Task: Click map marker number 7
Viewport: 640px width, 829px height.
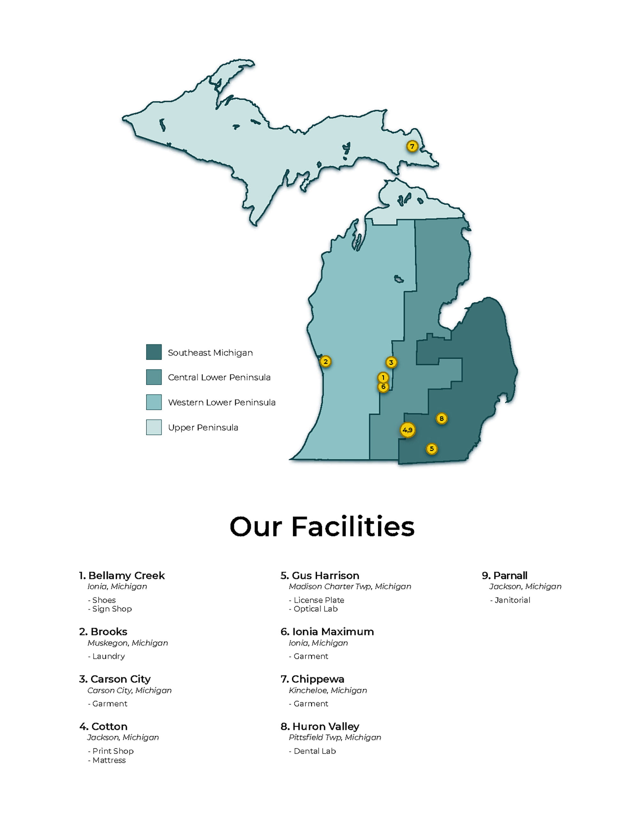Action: [x=412, y=146]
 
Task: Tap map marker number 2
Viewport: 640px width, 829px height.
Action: [x=325, y=361]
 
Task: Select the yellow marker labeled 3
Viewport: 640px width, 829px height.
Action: [x=391, y=363]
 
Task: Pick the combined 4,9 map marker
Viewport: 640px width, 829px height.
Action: [x=407, y=430]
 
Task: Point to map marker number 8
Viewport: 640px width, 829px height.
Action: [x=441, y=418]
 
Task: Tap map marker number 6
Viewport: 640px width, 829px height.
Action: [x=383, y=387]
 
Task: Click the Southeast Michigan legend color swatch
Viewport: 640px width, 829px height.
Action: [x=154, y=352]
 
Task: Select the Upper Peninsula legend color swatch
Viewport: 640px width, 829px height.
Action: [x=154, y=427]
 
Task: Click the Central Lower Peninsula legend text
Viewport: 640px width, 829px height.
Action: [x=219, y=377]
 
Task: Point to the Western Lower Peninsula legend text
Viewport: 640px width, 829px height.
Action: [x=221, y=403]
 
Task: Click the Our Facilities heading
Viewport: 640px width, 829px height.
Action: [x=322, y=527]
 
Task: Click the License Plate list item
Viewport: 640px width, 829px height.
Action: [x=318, y=600]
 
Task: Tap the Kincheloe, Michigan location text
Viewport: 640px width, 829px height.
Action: [x=328, y=690]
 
